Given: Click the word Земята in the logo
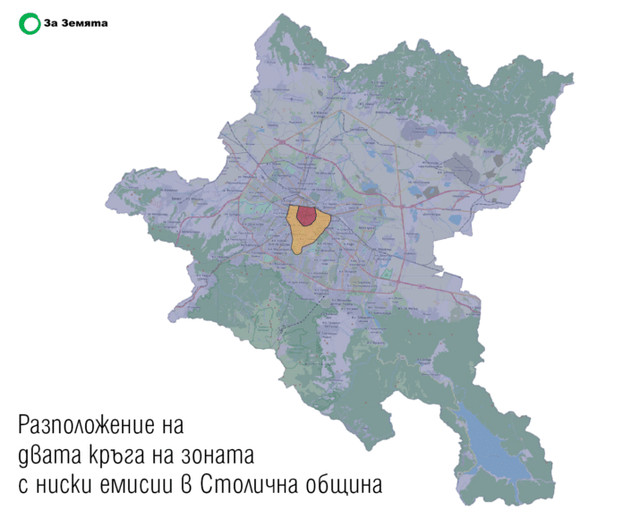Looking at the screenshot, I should (85, 23).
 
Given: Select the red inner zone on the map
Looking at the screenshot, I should (305, 215).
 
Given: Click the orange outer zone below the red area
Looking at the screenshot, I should (304, 237).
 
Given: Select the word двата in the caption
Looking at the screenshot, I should (46, 455).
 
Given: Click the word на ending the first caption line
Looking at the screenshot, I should (175, 423).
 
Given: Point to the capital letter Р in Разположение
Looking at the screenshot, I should (24, 423).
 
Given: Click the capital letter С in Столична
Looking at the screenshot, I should (210, 486).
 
